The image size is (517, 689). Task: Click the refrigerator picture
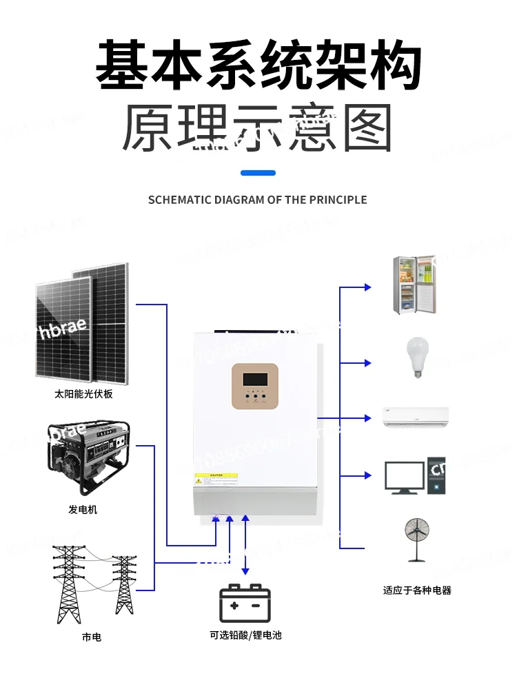414,285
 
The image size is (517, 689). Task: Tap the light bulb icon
416,357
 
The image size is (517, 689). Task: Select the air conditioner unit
416,417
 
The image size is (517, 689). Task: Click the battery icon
245,603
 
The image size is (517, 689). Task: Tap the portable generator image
88,459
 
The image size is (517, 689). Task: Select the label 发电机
83,509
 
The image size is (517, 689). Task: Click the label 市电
91,637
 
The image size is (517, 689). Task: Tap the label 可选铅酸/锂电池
245,635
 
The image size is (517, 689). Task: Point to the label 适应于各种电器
417,590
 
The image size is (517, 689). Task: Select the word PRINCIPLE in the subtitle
337,200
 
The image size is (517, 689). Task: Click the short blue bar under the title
258,172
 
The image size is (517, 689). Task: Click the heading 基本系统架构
258,66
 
